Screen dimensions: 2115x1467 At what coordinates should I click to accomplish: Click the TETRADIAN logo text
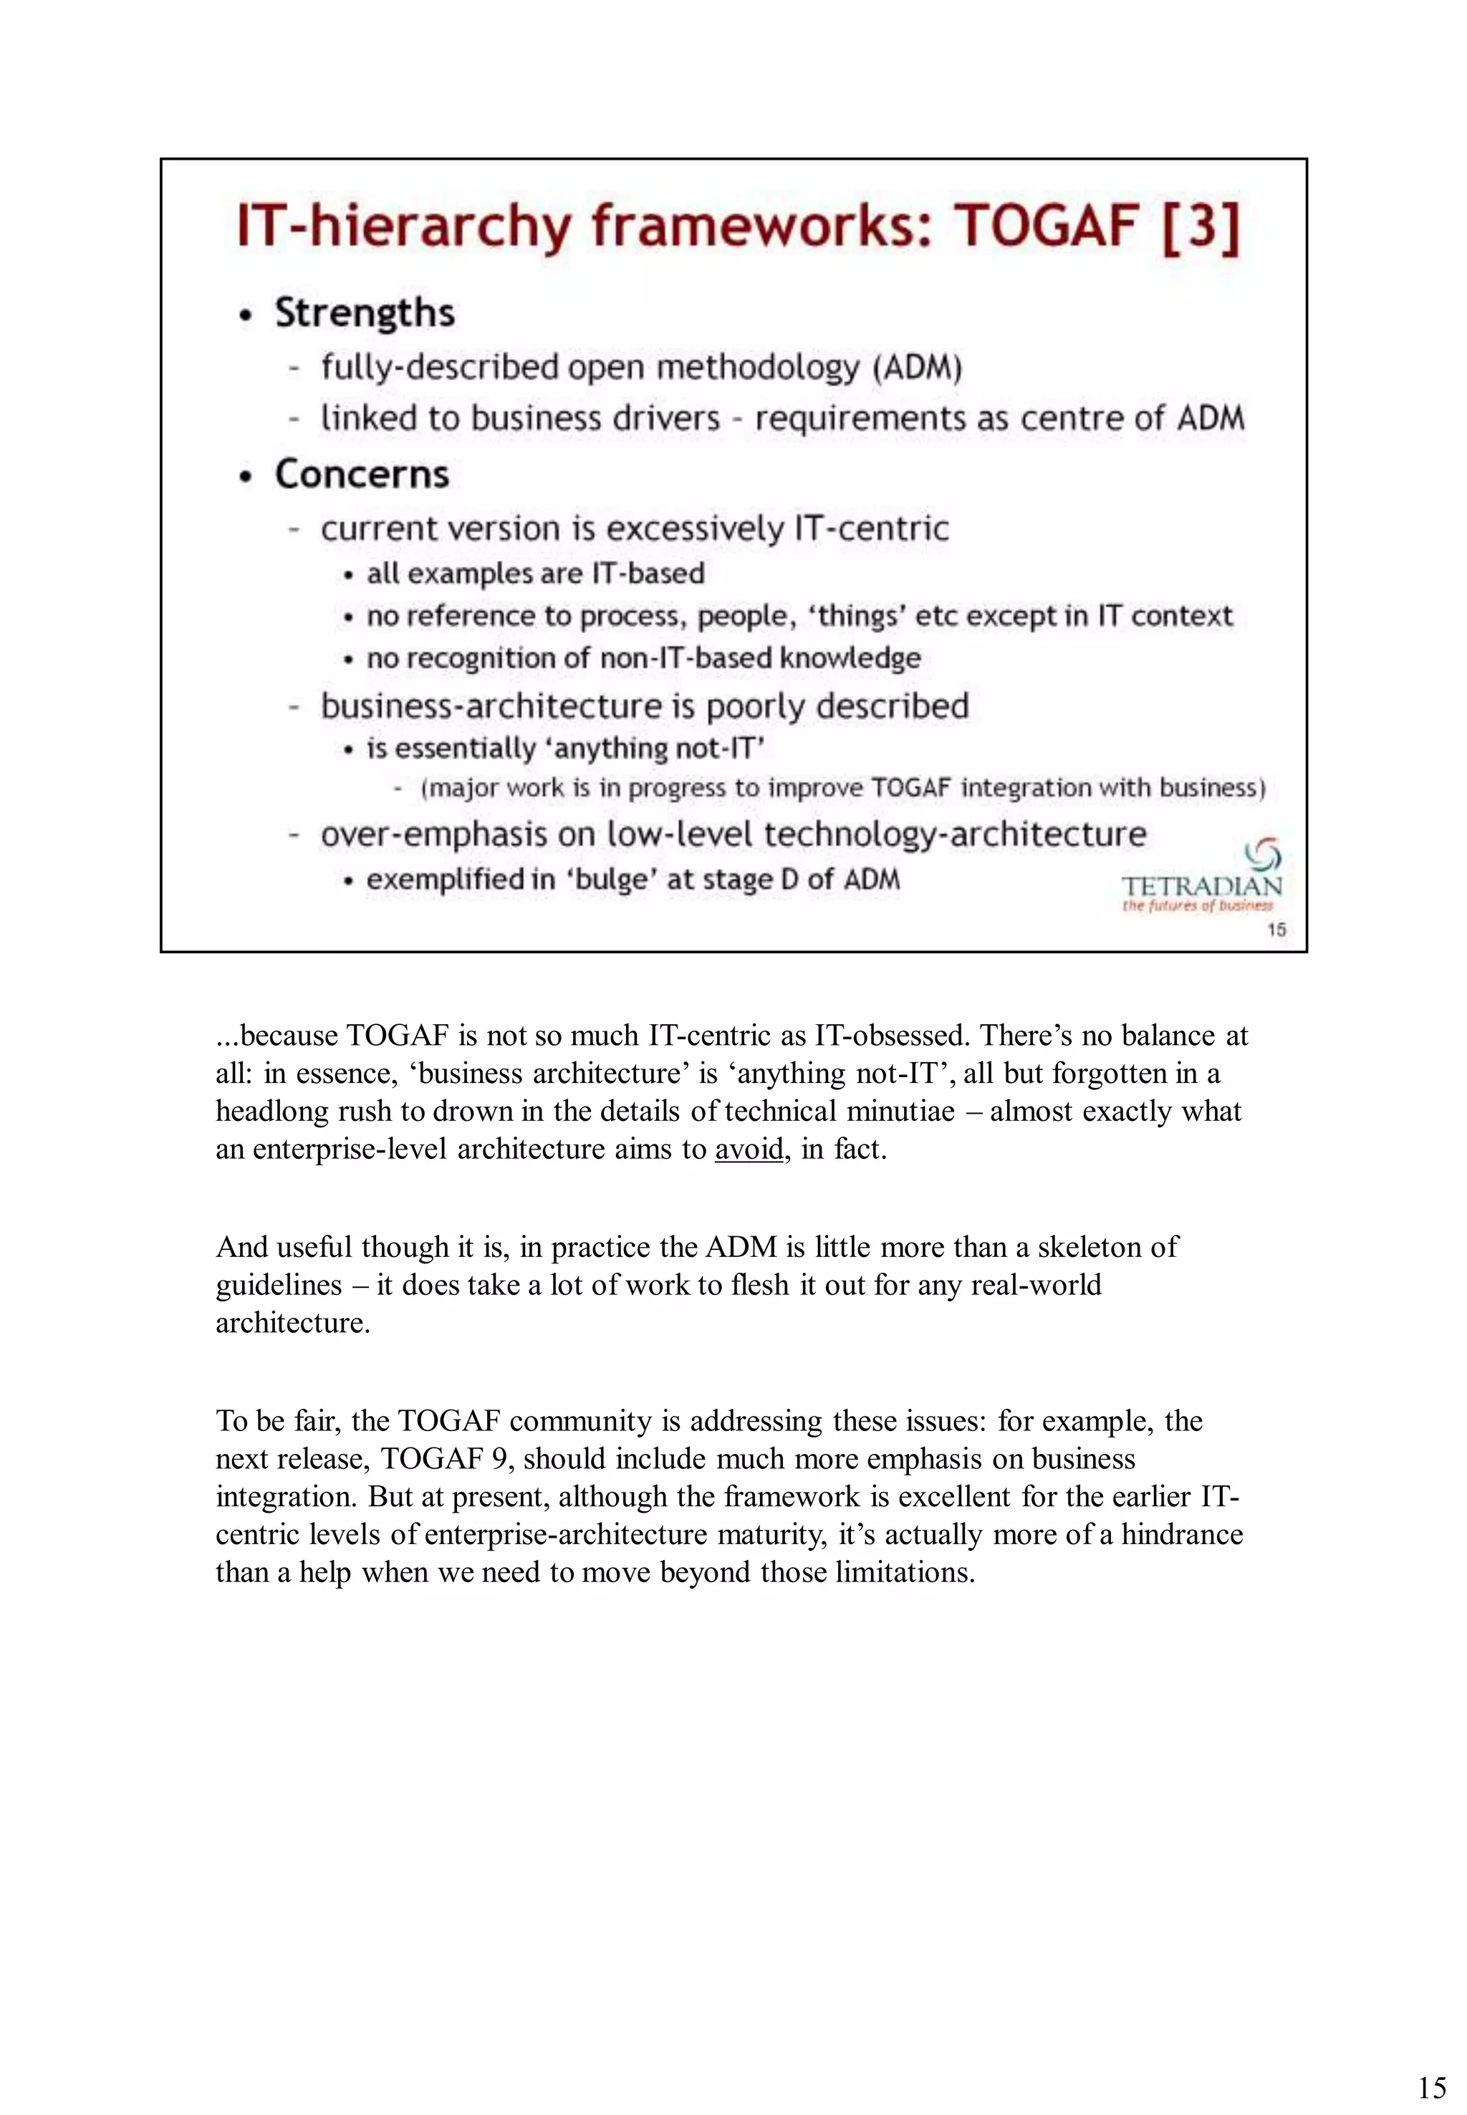1201,886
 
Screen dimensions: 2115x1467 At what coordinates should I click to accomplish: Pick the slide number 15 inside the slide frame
1276,929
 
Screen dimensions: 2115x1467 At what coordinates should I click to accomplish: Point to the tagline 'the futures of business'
1197,906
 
